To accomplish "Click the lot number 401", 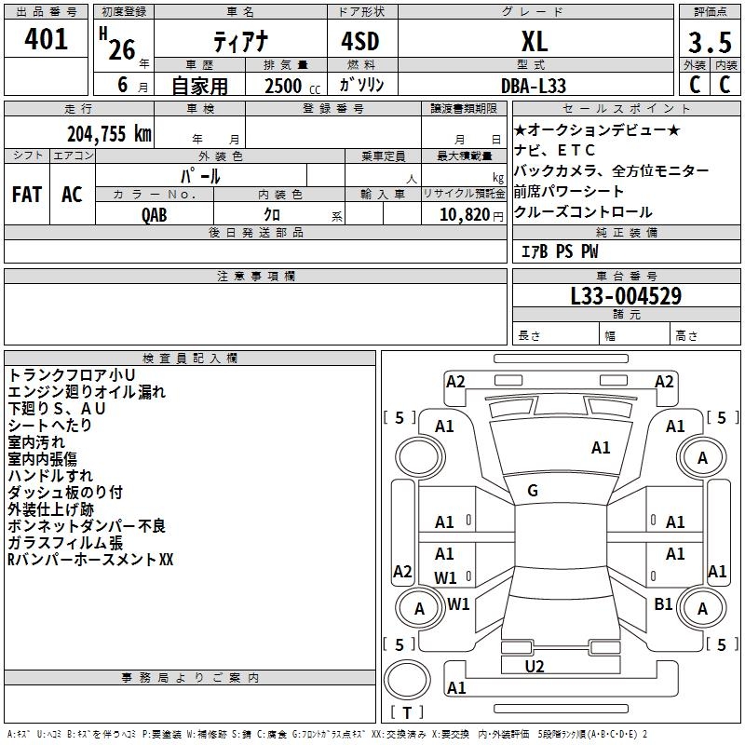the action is pos(47,40).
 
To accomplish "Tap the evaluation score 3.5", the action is pos(709,42).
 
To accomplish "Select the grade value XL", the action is pos(534,41).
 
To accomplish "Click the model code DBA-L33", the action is pos(534,85).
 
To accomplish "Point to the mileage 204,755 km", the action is pos(109,133).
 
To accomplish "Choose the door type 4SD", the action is pos(361,41).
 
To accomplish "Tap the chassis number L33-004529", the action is pos(626,297).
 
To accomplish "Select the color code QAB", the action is pos(156,215).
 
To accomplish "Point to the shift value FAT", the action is pos(26,195).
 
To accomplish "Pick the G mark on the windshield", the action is pos(533,491).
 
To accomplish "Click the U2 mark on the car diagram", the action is pos(535,666).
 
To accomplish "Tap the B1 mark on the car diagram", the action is pos(663,604).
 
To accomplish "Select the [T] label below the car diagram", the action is pos(407,712).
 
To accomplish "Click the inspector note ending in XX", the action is pos(90,560).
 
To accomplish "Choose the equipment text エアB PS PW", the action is pos(559,251).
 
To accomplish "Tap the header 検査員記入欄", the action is pos(190,359).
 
